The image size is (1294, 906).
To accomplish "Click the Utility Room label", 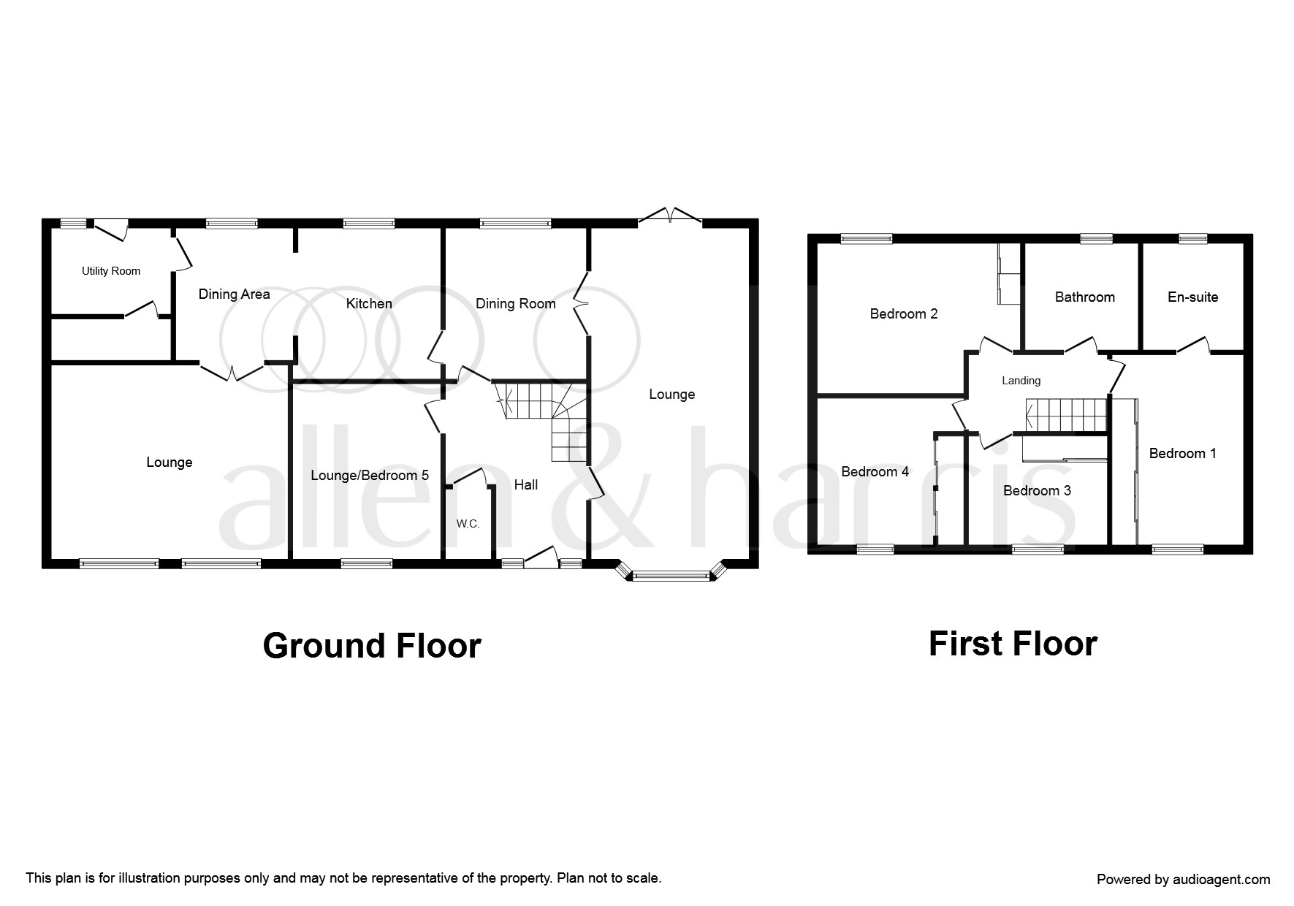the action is [x=111, y=271].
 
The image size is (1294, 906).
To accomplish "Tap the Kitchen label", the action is [x=369, y=303].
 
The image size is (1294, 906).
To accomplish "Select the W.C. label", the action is [x=468, y=524].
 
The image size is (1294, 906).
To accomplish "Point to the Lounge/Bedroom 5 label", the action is [x=370, y=476].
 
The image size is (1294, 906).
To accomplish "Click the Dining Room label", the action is [x=516, y=303].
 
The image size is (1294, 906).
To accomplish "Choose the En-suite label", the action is [x=1193, y=297].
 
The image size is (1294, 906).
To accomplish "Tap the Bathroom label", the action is [x=1085, y=297].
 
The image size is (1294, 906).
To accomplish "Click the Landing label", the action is [x=1021, y=381].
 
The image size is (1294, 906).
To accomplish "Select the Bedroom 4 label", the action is [x=875, y=471].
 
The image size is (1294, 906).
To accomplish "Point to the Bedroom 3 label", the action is [x=1037, y=490].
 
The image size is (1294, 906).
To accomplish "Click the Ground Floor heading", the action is [x=372, y=646].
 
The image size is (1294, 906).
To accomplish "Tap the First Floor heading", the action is [x=1013, y=644].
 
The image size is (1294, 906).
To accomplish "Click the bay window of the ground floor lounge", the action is [x=671, y=574].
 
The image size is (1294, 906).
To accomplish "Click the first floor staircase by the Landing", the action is [x=1067, y=416].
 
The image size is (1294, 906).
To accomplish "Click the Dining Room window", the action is [x=515, y=224].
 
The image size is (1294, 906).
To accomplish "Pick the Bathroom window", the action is [x=1096, y=238].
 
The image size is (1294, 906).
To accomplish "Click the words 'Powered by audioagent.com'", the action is [x=1184, y=880].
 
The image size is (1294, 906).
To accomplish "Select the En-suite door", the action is [x=1193, y=346].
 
